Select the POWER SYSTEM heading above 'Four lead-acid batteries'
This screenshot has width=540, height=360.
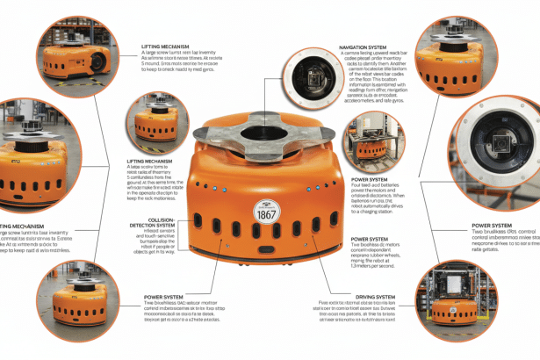[370, 179]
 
